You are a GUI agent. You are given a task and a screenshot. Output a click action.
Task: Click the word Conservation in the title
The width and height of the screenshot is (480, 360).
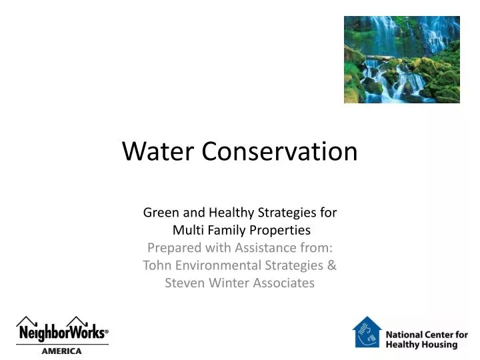pos(279,152)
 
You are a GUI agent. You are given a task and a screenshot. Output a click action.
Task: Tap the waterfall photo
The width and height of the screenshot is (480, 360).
pos(401,59)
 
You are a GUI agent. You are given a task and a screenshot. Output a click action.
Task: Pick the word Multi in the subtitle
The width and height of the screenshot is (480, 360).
pos(187,231)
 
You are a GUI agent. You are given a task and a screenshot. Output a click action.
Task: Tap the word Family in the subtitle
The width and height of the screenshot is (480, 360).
pos(223,231)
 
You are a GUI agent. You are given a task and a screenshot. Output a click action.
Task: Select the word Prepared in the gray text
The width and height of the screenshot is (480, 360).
pos(169,248)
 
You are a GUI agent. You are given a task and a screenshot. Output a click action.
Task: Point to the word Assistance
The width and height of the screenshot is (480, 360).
pos(253,248)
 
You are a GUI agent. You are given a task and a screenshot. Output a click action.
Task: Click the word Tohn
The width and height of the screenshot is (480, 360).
pos(157,265)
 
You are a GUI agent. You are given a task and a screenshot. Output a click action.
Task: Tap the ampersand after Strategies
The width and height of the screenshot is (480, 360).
pos(332,265)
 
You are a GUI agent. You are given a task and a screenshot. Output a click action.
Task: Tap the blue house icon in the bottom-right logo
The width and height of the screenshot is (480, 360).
pos(367,332)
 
